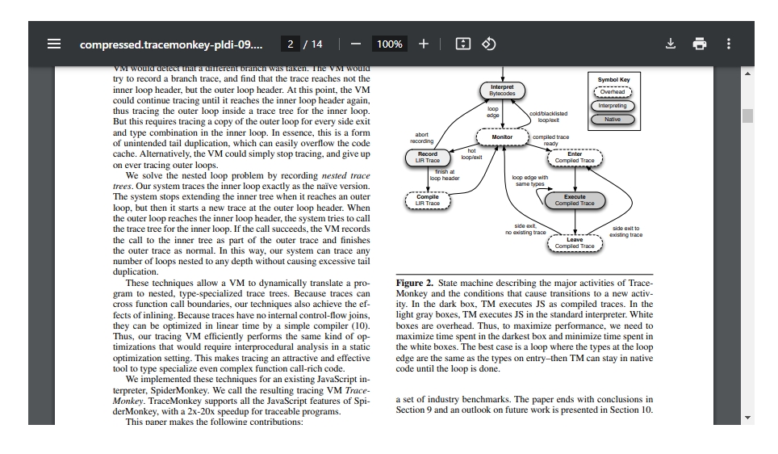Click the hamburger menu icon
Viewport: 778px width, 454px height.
point(54,44)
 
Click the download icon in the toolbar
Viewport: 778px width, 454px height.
point(670,44)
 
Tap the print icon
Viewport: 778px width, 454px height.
point(700,44)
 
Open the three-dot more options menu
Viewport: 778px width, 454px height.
point(729,44)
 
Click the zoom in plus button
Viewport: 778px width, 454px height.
point(424,44)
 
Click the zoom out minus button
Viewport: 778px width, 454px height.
point(356,44)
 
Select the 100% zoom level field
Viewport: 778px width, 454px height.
point(390,44)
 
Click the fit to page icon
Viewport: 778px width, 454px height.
point(463,44)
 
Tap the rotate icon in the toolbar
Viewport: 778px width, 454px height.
point(489,44)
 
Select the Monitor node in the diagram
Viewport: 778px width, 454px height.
point(503,137)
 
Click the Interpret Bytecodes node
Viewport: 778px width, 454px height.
point(502,90)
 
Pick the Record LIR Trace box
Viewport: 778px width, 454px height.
point(428,157)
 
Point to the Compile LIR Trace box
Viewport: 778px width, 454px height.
point(428,200)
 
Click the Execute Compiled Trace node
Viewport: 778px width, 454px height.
point(575,200)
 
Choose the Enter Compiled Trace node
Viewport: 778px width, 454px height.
point(575,157)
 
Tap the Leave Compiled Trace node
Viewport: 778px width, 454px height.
point(575,242)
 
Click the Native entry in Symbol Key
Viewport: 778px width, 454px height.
point(613,120)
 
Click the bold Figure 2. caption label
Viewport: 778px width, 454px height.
point(416,284)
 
